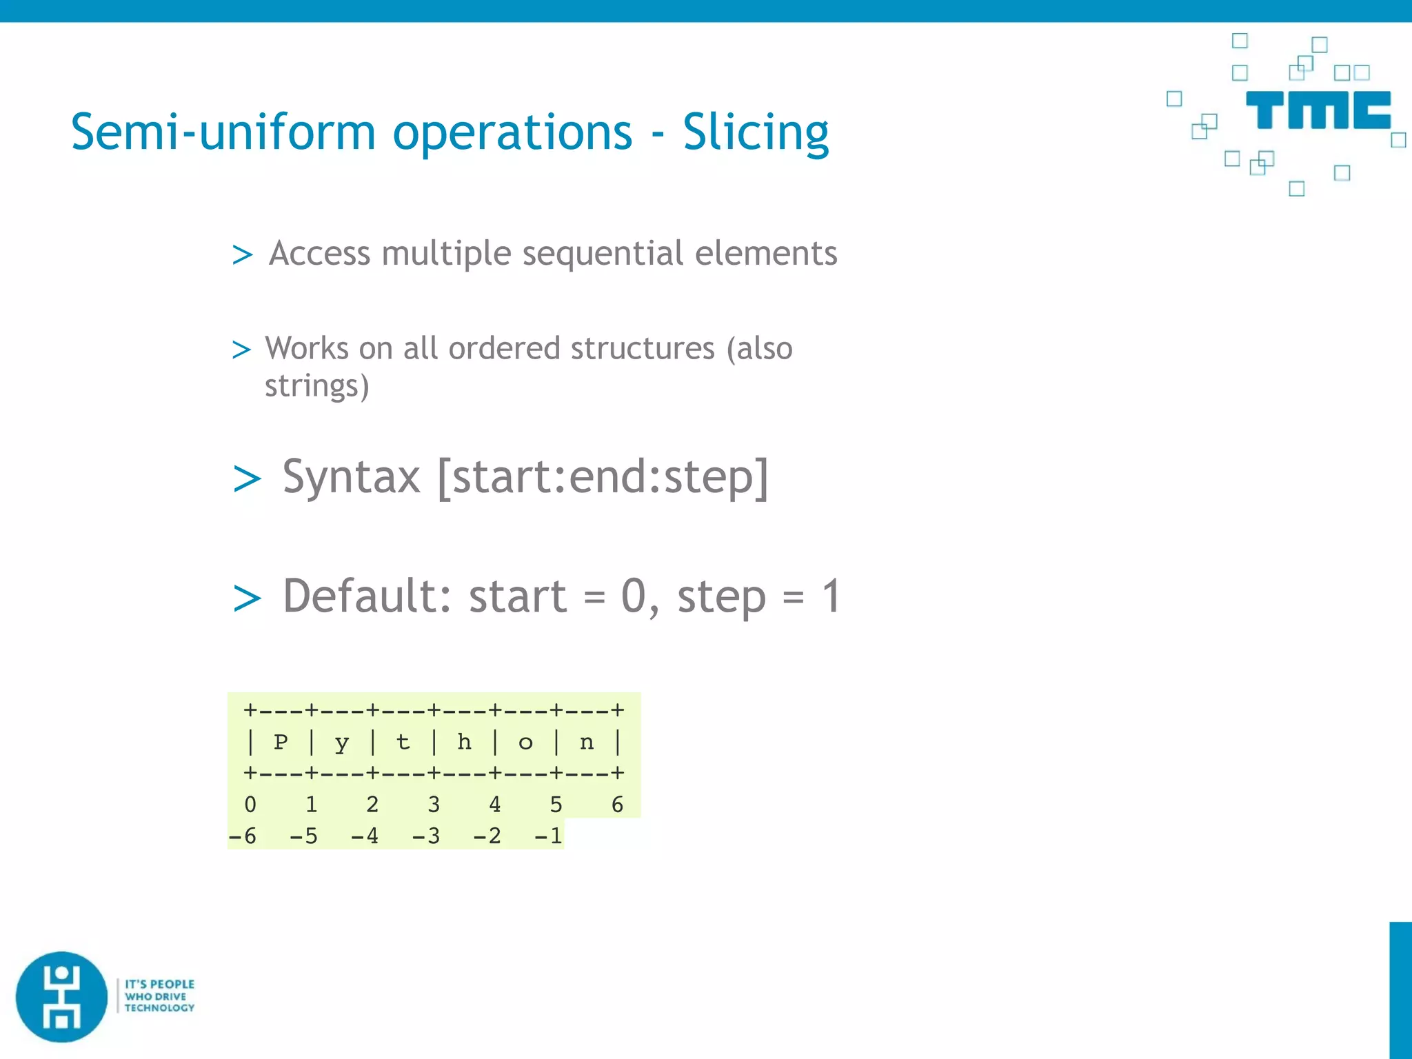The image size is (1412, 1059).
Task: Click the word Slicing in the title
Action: tap(756, 132)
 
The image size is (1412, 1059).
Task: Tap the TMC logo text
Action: tap(1318, 110)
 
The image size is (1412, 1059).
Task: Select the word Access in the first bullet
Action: tap(319, 253)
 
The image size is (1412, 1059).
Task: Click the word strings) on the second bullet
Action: tap(316, 386)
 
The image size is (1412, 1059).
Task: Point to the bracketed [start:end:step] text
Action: tap(603, 477)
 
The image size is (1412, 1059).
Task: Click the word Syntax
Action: tap(351, 477)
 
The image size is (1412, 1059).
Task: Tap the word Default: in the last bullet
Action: tap(366, 596)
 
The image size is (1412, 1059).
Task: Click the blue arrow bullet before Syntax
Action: tap(247, 479)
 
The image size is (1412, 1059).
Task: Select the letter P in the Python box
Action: tap(281, 743)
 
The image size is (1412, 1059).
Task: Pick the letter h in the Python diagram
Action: tap(464, 743)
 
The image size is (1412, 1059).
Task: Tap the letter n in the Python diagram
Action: tap(587, 743)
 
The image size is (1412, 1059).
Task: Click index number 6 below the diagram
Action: tap(617, 805)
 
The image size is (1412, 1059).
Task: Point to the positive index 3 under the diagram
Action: tap(434, 805)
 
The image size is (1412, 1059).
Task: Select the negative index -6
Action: tap(243, 836)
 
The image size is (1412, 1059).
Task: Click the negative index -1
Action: tap(549, 836)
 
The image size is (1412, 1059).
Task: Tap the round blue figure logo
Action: tap(62, 997)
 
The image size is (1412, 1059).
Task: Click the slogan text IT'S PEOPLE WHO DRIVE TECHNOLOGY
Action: tap(159, 996)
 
